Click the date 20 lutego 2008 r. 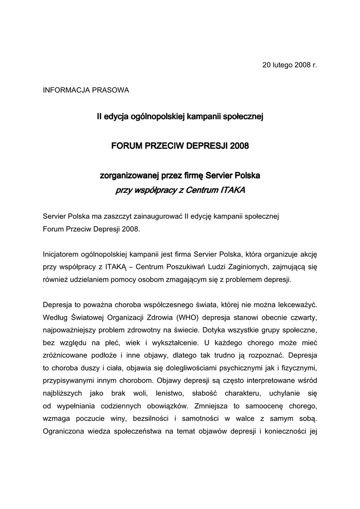click(289, 66)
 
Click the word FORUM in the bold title click(126, 146)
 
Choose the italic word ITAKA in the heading click(231, 190)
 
